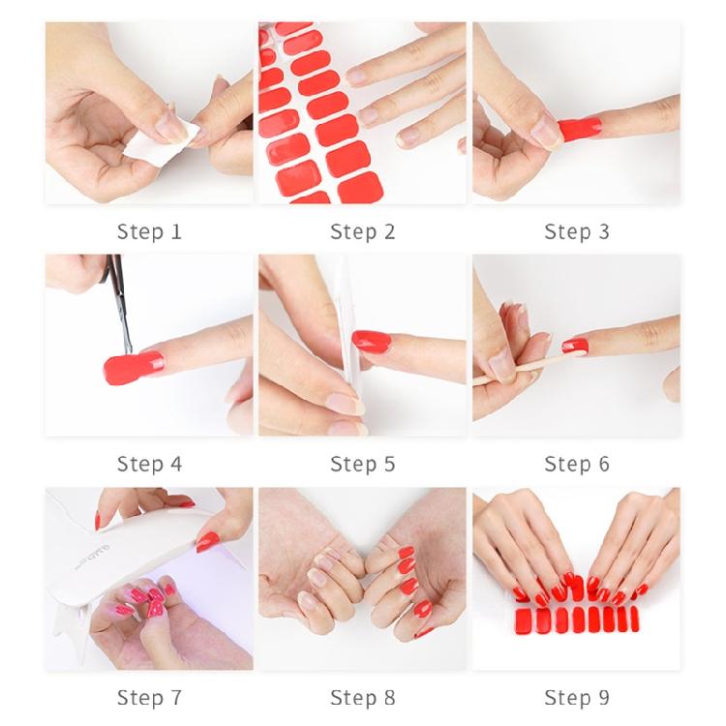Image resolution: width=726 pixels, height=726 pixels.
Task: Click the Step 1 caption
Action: coord(149,231)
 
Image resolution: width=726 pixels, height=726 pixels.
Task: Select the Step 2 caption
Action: coord(363,231)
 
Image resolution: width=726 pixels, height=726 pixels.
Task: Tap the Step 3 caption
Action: coord(577,231)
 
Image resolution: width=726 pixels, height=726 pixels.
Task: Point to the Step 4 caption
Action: coord(149,464)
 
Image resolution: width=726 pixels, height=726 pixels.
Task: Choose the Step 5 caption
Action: coord(363,464)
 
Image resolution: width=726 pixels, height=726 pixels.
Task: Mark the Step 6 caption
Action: coord(577,464)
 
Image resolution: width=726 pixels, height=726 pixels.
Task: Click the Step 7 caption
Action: coord(149,697)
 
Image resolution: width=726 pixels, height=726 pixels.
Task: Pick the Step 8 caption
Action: coord(363,697)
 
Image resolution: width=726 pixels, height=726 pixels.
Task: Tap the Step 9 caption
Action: coord(577,697)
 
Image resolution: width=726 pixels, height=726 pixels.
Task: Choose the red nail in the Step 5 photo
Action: coord(372,341)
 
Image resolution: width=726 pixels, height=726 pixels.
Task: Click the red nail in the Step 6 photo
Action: coord(575,346)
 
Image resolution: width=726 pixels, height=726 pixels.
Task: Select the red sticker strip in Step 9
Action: coord(576,618)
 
